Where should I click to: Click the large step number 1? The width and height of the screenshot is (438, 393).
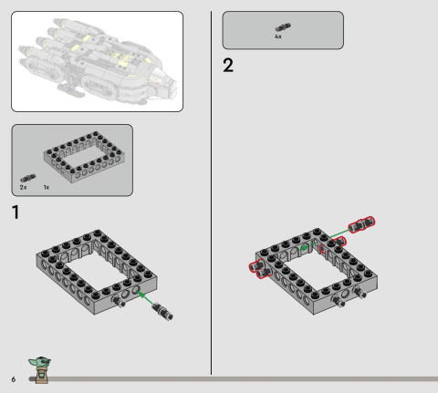(16, 213)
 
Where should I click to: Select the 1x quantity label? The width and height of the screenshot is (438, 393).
(46, 186)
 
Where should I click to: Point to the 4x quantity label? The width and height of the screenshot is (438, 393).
(277, 37)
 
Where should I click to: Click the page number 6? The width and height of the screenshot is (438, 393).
(14, 377)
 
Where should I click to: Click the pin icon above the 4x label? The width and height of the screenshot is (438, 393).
(277, 28)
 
